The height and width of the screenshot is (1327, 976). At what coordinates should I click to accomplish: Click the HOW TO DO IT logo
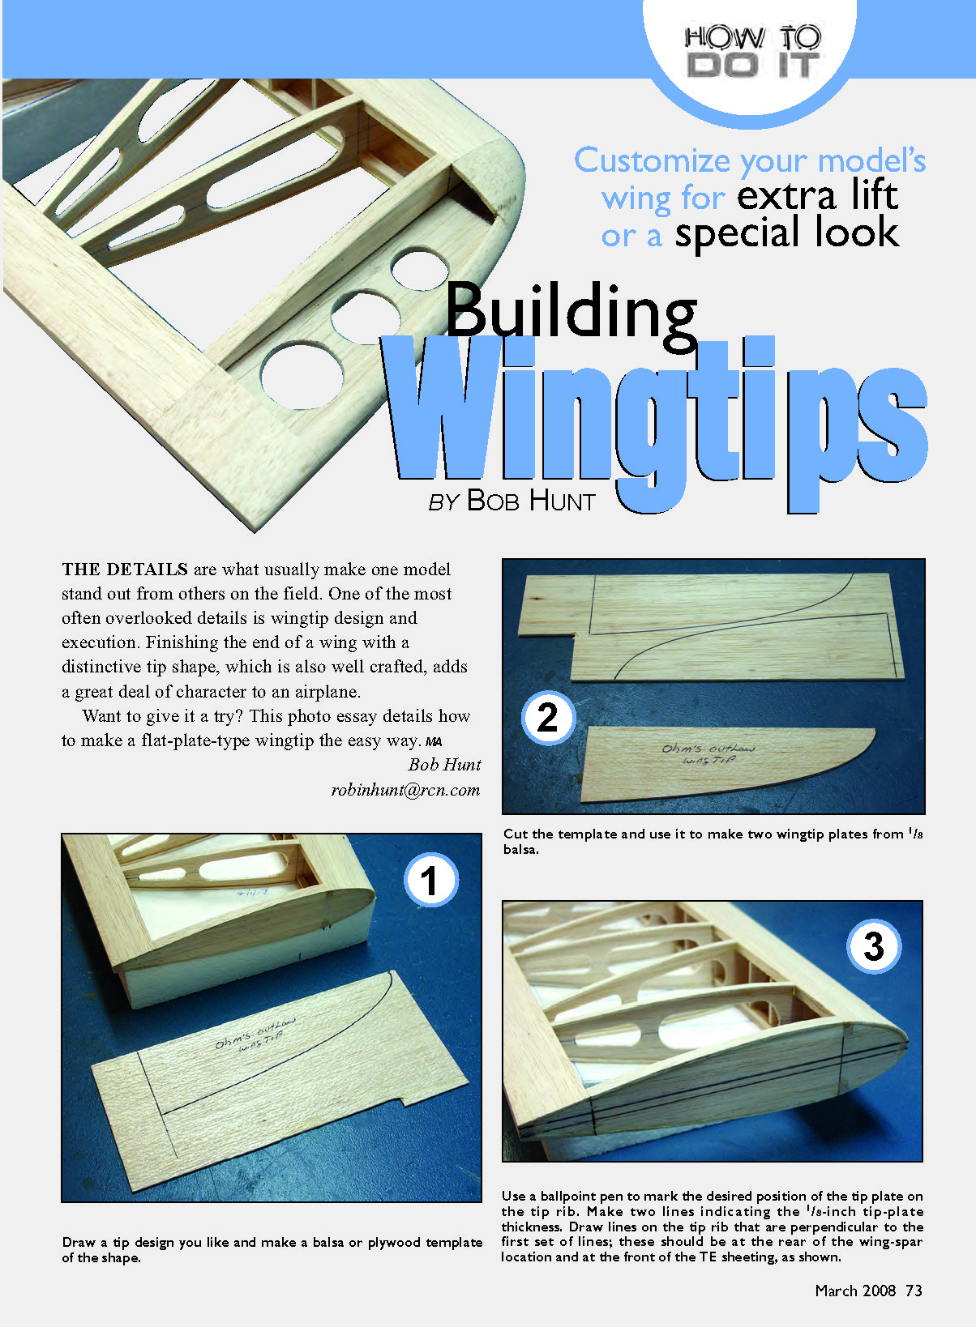pos(752,52)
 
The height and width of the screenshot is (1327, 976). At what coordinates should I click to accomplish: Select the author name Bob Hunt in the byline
pos(531,501)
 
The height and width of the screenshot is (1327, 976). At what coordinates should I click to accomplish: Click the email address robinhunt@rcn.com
pos(405,790)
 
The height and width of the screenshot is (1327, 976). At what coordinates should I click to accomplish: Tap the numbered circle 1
pos(431,881)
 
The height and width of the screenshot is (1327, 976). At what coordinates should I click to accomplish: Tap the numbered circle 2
pos(549,717)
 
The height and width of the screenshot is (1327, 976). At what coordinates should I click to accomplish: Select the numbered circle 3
pos(874,946)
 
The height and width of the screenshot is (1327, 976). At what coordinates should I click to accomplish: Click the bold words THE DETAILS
pos(125,570)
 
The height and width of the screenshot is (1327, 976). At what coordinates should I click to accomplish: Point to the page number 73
pos(914,1291)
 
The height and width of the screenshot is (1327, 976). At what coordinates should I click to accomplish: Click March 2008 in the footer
pos(855,1291)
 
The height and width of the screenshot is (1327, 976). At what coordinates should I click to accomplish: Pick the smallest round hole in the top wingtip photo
pos(420,270)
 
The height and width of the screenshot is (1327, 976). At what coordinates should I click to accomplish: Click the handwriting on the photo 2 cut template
pos(708,754)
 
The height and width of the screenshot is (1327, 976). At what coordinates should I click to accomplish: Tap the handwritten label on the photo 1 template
pos(255,1034)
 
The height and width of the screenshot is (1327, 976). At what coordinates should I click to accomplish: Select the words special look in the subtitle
pos(786,233)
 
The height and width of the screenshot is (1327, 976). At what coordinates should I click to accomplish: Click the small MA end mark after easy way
pos(434,742)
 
